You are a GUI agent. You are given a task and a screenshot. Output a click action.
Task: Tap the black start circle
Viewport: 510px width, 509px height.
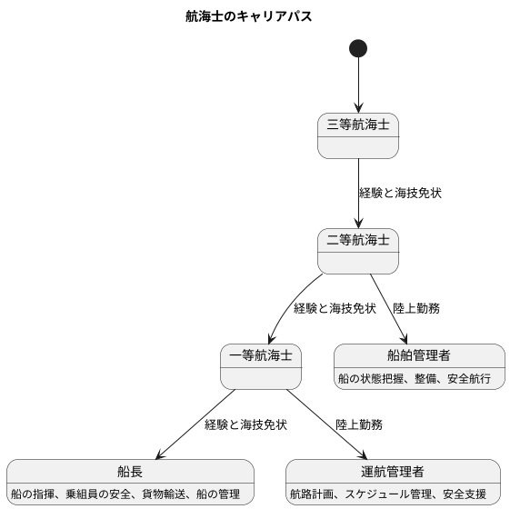358,48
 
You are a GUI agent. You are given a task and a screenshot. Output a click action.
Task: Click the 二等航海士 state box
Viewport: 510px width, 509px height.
358,252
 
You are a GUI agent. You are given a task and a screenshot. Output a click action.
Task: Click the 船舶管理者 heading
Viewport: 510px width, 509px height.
419,355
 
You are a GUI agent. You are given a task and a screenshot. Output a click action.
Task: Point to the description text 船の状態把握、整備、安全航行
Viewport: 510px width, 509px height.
419,377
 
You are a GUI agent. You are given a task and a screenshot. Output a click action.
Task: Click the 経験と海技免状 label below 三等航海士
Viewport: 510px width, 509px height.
401,194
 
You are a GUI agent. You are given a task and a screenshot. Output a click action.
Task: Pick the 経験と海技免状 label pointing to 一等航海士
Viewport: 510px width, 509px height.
335,309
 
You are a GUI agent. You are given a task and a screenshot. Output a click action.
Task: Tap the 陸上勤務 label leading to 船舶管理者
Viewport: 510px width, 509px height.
416,309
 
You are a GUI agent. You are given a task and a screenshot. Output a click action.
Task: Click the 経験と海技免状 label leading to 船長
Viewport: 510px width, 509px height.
245,424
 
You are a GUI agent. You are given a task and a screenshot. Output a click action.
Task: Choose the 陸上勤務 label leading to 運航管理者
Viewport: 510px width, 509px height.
359,424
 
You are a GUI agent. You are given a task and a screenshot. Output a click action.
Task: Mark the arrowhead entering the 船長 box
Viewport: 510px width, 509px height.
161,456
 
